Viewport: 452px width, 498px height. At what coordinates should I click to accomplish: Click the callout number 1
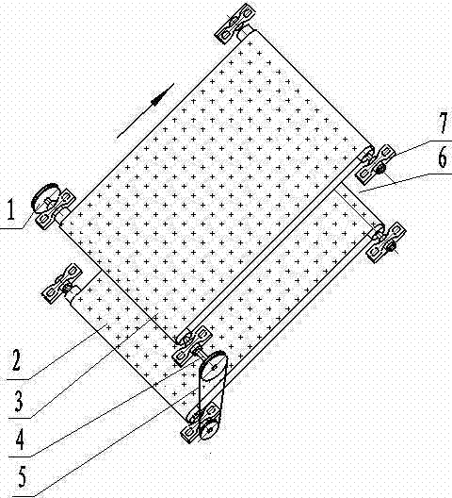point(10,209)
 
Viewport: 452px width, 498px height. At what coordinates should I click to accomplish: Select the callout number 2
point(17,360)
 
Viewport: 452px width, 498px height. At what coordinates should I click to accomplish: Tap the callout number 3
point(19,400)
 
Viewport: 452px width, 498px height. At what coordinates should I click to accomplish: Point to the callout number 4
point(20,439)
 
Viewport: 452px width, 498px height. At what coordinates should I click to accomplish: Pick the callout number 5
point(23,477)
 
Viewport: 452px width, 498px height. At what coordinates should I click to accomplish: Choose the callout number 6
point(443,158)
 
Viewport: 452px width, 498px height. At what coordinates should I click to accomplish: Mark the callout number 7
point(444,123)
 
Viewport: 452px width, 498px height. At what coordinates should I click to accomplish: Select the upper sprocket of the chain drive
point(213,367)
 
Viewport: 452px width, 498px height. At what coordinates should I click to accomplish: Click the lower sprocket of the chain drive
point(209,430)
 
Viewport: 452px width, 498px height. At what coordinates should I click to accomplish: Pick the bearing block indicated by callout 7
point(375,164)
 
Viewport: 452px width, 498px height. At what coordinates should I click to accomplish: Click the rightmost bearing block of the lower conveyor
point(386,242)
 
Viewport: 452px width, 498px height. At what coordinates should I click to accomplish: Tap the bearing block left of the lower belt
point(62,283)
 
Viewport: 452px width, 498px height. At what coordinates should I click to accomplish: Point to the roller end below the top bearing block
point(250,32)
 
